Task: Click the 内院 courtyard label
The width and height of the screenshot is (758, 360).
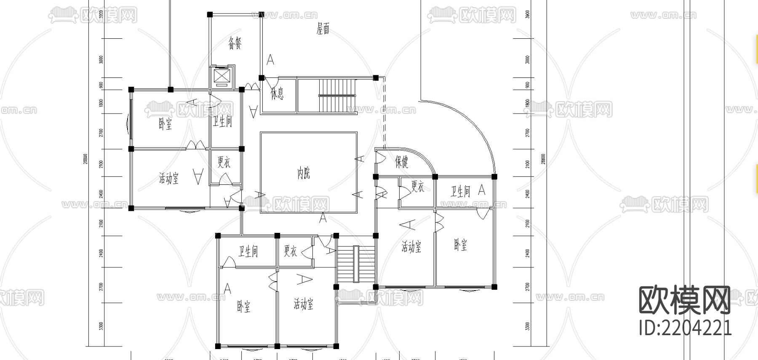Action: click(304, 173)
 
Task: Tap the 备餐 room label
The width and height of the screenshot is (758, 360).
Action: click(235, 43)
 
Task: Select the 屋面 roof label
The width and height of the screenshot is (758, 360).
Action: click(323, 29)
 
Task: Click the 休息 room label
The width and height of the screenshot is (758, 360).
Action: click(277, 93)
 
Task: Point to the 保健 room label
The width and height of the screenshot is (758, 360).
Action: click(401, 162)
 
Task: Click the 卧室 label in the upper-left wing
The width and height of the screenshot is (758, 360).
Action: click(165, 124)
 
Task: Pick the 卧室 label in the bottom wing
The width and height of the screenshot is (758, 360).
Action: click(243, 307)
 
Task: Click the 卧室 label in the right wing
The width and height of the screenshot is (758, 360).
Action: click(460, 245)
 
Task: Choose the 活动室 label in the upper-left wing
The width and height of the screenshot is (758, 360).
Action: click(168, 179)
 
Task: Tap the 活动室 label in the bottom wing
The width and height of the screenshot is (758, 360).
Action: click(303, 304)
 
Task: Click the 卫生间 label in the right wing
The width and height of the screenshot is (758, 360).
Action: click(460, 192)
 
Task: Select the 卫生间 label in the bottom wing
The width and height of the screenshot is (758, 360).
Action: click(248, 252)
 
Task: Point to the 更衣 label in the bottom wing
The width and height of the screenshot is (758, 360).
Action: click(290, 251)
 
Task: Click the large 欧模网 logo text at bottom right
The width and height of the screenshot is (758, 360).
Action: click(685, 301)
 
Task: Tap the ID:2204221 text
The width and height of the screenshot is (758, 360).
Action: click(685, 328)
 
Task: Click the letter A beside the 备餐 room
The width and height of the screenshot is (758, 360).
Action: click(270, 60)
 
